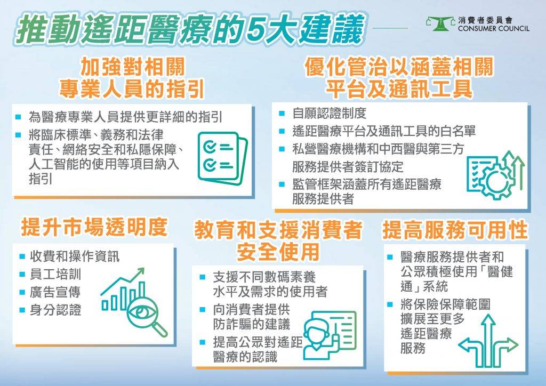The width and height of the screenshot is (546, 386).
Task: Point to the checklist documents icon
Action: point(222,158)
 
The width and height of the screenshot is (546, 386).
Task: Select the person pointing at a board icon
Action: point(330,335)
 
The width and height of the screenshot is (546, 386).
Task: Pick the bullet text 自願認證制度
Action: point(329,113)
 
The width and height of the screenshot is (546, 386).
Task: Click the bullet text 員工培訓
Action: point(55,274)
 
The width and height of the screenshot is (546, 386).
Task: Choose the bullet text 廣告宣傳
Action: point(55,292)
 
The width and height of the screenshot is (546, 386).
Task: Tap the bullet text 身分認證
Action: point(55,309)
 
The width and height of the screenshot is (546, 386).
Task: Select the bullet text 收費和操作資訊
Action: point(75,256)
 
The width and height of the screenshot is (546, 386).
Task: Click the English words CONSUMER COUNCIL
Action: point(494,29)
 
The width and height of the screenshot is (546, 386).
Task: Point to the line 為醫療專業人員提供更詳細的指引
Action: point(125,117)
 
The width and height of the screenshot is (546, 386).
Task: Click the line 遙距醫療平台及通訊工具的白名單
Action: point(384,131)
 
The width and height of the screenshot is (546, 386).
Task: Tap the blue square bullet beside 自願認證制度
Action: point(282,114)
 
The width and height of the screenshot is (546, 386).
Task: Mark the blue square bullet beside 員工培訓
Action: point(22,274)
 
